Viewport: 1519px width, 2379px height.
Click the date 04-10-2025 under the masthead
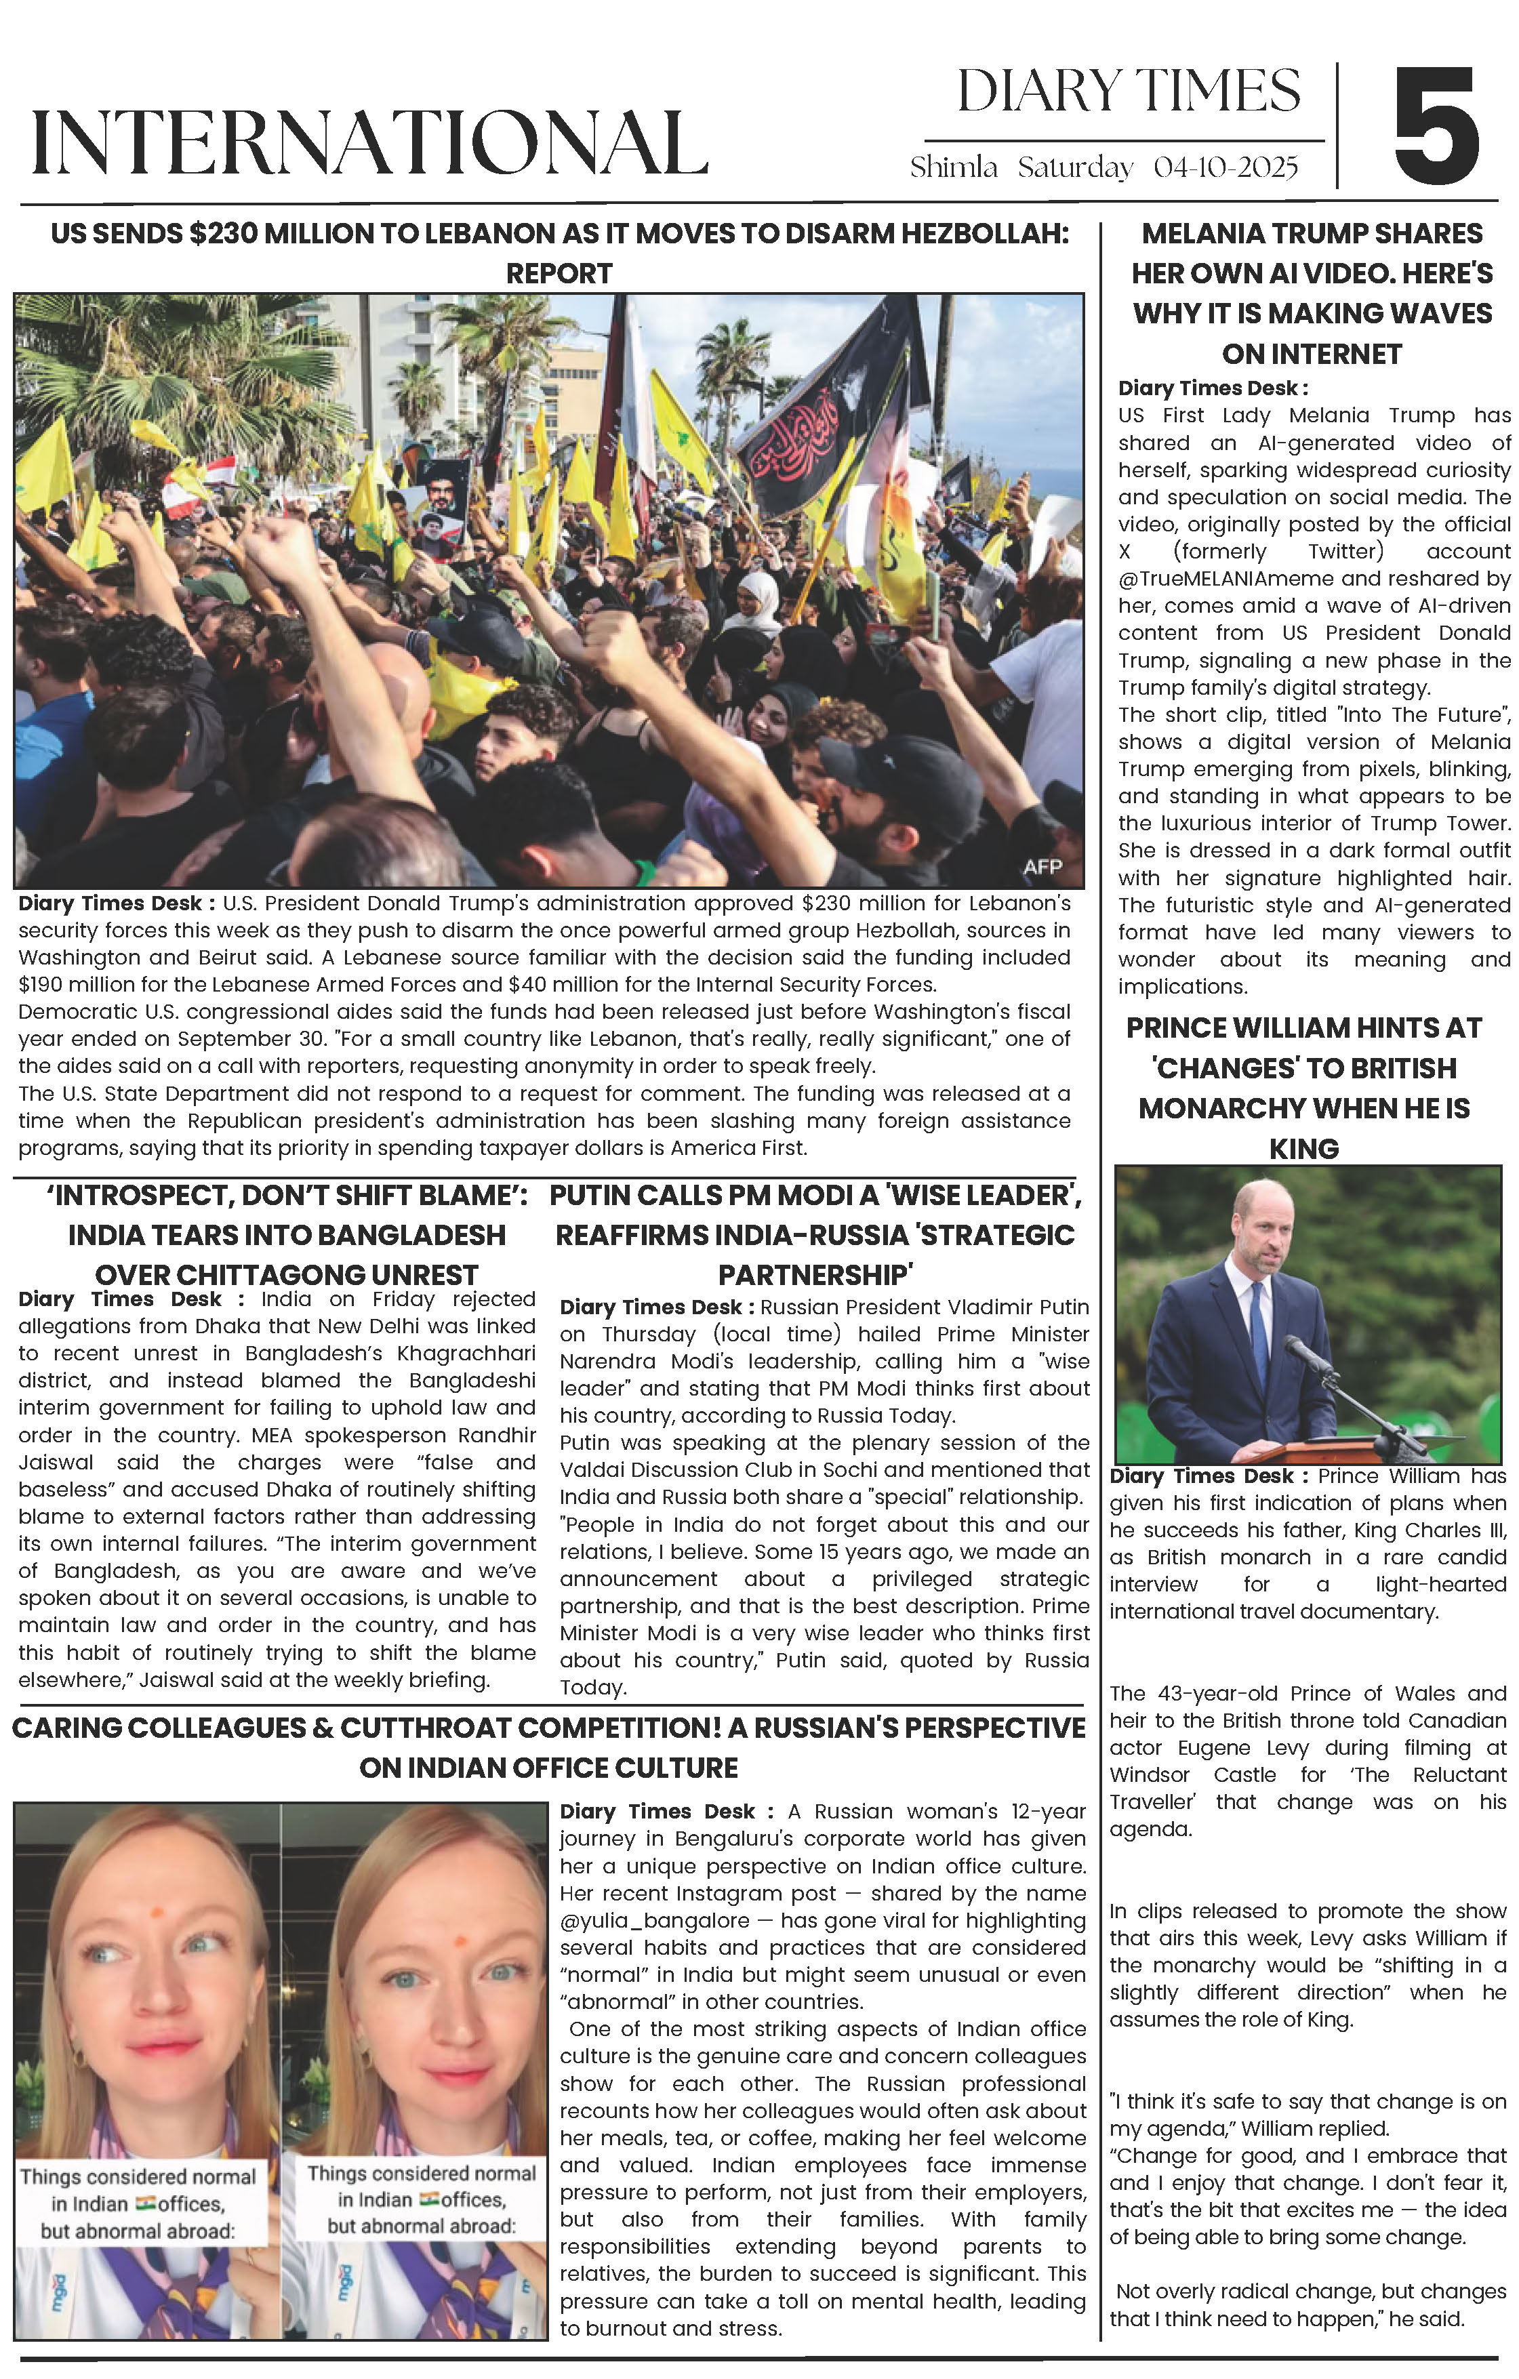(x=1225, y=168)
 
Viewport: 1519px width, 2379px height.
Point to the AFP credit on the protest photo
(x=1042, y=866)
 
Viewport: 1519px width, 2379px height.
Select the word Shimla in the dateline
(x=954, y=168)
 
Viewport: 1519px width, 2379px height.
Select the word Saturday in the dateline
(x=1075, y=168)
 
